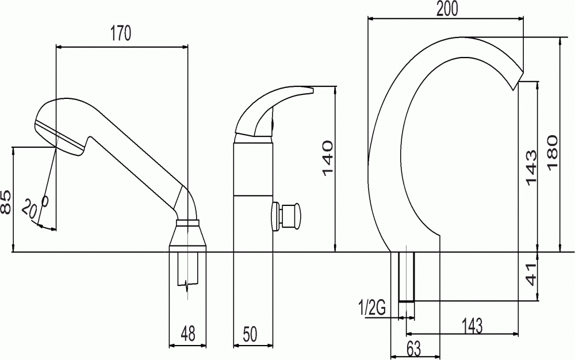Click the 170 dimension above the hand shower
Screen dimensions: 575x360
121,33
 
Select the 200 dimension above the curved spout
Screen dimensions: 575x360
447,9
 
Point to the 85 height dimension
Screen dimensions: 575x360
6,202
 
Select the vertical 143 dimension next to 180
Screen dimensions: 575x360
531,168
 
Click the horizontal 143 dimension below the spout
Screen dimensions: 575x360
471,325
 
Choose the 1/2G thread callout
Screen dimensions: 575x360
372,308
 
